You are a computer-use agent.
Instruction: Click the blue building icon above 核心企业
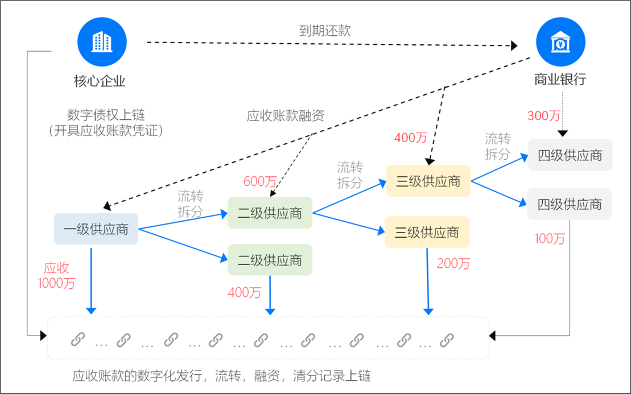tap(102, 42)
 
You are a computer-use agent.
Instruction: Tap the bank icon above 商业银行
tap(560, 42)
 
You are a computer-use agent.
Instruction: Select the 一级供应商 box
tap(96, 229)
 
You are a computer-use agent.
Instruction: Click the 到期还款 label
tap(325, 31)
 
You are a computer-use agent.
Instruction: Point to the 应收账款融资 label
tap(285, 116)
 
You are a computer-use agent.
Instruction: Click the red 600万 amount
tap(260, 182)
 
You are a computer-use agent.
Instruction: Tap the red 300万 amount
tap(544, 116)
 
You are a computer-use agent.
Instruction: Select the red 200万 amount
tap(453, 264)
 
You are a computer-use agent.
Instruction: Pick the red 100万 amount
tap(550, 239)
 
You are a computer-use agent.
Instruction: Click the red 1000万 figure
tap(57, 284)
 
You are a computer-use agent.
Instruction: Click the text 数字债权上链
tap(106, 115)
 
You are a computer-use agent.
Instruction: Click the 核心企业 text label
tap(100, 81)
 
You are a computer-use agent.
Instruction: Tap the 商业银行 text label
tap(560, 79)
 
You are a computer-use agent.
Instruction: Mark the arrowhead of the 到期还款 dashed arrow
tap(514, 45)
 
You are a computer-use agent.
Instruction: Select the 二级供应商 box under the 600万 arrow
tap(270, 213)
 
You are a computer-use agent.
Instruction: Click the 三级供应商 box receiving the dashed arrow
tap(428, 181)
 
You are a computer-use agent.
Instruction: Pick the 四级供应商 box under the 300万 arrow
tap(570, 155)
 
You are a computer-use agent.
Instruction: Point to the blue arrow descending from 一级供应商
tap(92, 281)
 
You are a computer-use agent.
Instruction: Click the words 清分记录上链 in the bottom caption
tap(332, 376)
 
